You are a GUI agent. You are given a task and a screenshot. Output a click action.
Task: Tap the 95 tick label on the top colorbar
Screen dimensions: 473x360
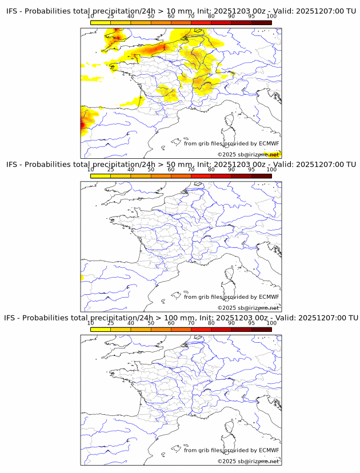tap(251, 17)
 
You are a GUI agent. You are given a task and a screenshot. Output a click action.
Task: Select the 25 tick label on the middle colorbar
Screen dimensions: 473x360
tap(111, 170)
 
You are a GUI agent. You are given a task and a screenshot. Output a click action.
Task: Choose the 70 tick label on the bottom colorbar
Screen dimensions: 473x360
tap(191, 323)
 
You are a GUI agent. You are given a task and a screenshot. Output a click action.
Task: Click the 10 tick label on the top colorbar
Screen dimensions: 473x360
tap(91, 17)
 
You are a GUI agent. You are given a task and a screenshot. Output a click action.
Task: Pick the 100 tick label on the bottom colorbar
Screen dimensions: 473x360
tap(271, 323)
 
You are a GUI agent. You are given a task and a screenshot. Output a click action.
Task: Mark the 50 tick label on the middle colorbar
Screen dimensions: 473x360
tap(151, 170)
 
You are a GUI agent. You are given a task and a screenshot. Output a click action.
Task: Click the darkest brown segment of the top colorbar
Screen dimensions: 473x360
tap(261, 22)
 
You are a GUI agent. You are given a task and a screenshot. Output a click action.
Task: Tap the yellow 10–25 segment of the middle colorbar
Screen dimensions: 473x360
tap(101, 175)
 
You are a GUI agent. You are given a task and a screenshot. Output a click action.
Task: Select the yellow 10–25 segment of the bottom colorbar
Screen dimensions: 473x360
tap(101, 328)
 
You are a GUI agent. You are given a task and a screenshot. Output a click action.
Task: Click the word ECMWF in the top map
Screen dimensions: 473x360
tap(269, 143)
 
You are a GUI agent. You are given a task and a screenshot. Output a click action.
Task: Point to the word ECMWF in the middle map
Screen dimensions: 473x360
tap(269, 296)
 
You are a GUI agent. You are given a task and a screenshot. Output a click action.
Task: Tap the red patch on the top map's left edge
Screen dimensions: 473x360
tap(83, 122)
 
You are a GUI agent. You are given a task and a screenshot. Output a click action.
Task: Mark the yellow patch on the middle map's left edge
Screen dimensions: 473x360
tap(82, 277)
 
